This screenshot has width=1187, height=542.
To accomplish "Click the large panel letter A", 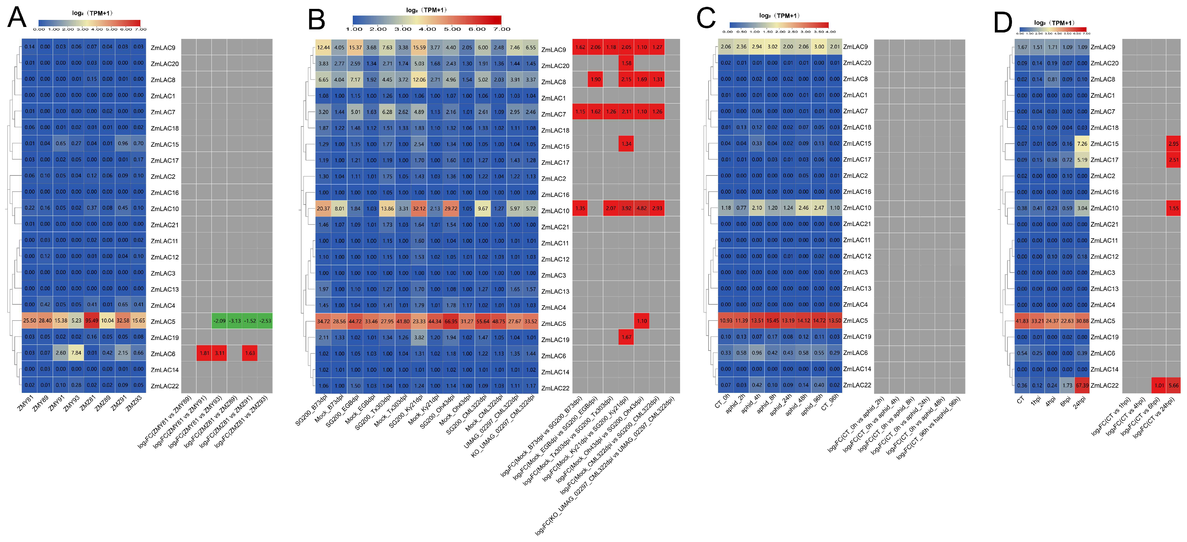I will coord(17,18).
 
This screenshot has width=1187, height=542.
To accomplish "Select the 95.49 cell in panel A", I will coord(92,321).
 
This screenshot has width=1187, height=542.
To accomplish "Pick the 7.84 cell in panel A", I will coord(76,353).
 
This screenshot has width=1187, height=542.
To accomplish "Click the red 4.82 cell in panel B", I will coord(641,208).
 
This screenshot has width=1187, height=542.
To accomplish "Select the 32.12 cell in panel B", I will coord(419,208).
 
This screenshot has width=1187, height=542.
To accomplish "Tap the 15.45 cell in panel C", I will coord(772,321).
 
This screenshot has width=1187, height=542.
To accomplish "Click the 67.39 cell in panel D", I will coord(1082,386).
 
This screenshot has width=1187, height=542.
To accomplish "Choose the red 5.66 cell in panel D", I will coord(1173,386).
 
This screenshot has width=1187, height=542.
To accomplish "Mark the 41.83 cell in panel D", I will coord(1022,321).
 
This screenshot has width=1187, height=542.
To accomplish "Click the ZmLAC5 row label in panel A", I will coord(163,322).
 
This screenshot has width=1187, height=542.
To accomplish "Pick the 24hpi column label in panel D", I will coord(1079,401).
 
